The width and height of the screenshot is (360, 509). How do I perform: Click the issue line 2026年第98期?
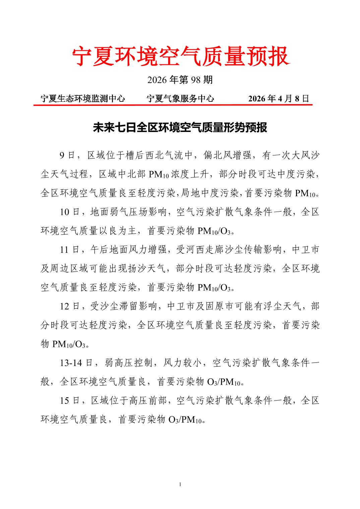pyautogui.click(x=180, y=80)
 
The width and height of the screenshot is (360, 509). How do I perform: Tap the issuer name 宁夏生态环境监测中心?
pyautogui.click(x=82, y=98)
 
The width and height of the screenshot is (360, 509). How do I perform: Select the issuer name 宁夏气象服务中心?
pyautogui.click(x=180, y=98)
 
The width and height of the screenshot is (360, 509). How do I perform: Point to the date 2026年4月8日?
pyautogui.click(x=279, y=98)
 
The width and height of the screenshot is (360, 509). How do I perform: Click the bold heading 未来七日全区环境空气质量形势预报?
pyautogui.click(x=180, y=128)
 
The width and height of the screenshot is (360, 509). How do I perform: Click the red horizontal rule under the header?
pyautogui.click(x=173, y=105)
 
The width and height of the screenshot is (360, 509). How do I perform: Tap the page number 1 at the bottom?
pyautogui.click(x=180, y=485)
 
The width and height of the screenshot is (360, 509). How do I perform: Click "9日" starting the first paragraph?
pyautogui.click(x=67, y=155)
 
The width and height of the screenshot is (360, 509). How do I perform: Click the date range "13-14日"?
pyautogui.click(x=76, y=363)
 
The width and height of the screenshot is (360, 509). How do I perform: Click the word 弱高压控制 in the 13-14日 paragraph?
pyautogui.click(x=129, y=363)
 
